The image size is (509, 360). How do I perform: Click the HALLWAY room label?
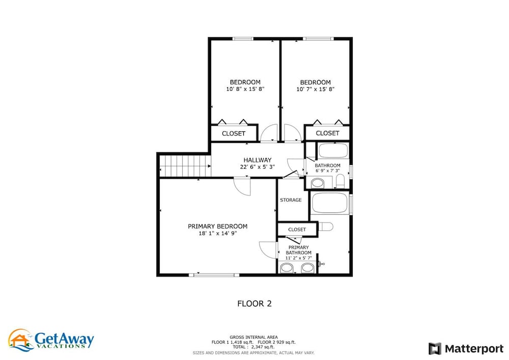[258, 160]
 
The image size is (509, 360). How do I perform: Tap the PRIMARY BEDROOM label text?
[217, 226]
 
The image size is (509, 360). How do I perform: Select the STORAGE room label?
[291, 200]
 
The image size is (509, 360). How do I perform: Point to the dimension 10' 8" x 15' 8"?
[245, 89]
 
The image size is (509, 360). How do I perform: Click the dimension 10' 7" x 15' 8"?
[315, 89]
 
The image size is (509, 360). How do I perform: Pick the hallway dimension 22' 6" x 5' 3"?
[258, 167]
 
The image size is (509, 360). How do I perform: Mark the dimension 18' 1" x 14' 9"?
[218, 233]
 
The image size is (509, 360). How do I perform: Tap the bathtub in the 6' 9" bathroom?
[333, 151]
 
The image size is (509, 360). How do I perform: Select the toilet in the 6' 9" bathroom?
[340, 181]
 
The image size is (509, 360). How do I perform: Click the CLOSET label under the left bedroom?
[234, 133]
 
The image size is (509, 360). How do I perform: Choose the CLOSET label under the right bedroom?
[327, 133]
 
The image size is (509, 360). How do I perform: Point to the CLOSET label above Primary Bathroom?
[297, 230]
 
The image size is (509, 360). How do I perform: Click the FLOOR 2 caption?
[254, 303]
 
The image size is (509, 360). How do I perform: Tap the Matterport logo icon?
[435, 349]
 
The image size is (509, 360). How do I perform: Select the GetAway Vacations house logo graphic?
[21, 340]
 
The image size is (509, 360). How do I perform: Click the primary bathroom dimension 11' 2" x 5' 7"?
[298, 258]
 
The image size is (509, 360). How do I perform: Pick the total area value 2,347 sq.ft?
[263, 347]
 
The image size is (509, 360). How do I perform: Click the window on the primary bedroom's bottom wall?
[214, 275]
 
